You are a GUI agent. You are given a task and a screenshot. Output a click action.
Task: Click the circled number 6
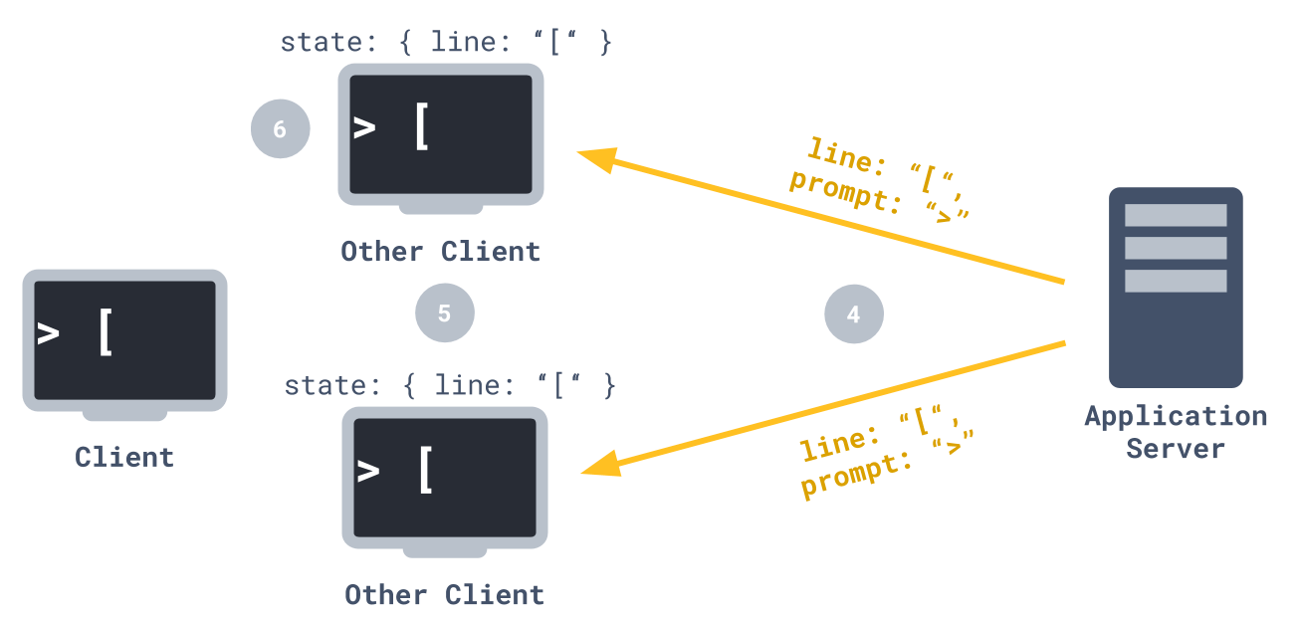[280, 129]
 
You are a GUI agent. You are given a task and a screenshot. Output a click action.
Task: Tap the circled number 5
[444, 313]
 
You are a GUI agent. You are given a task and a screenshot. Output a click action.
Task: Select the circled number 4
[853, 314]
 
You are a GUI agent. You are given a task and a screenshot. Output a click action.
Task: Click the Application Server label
[1176, 431]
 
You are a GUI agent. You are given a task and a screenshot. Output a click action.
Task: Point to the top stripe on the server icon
[1176, 215]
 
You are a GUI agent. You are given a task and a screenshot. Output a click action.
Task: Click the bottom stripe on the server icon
[1176, 281]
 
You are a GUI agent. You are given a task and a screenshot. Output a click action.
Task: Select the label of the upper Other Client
[440, 251]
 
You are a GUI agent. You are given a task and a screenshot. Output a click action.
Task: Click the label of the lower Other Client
[444, 595]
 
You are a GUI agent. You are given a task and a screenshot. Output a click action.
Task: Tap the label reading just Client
[124, 457]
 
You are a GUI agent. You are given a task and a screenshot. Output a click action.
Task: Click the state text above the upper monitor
[445, 42]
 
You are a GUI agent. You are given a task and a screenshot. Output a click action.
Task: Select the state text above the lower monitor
[449, 385]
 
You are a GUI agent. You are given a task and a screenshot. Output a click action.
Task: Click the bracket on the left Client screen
[107, 331]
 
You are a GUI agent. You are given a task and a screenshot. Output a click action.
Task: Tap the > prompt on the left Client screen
[48, 332]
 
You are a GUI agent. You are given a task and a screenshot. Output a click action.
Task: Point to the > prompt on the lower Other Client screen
[368, 470]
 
